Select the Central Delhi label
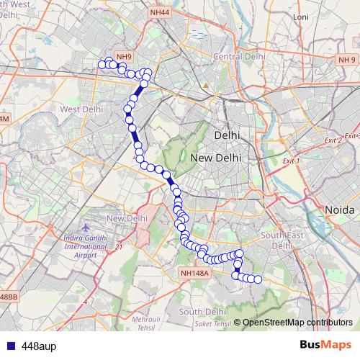(239, 56)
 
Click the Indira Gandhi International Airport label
(85, 246)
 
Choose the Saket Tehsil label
(213, 323)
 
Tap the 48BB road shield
(8, 297)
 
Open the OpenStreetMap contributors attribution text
(297, 322)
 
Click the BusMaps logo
(325, 345)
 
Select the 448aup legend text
(39, 346)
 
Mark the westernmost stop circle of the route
(102, 65)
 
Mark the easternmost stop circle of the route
(258, 279)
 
